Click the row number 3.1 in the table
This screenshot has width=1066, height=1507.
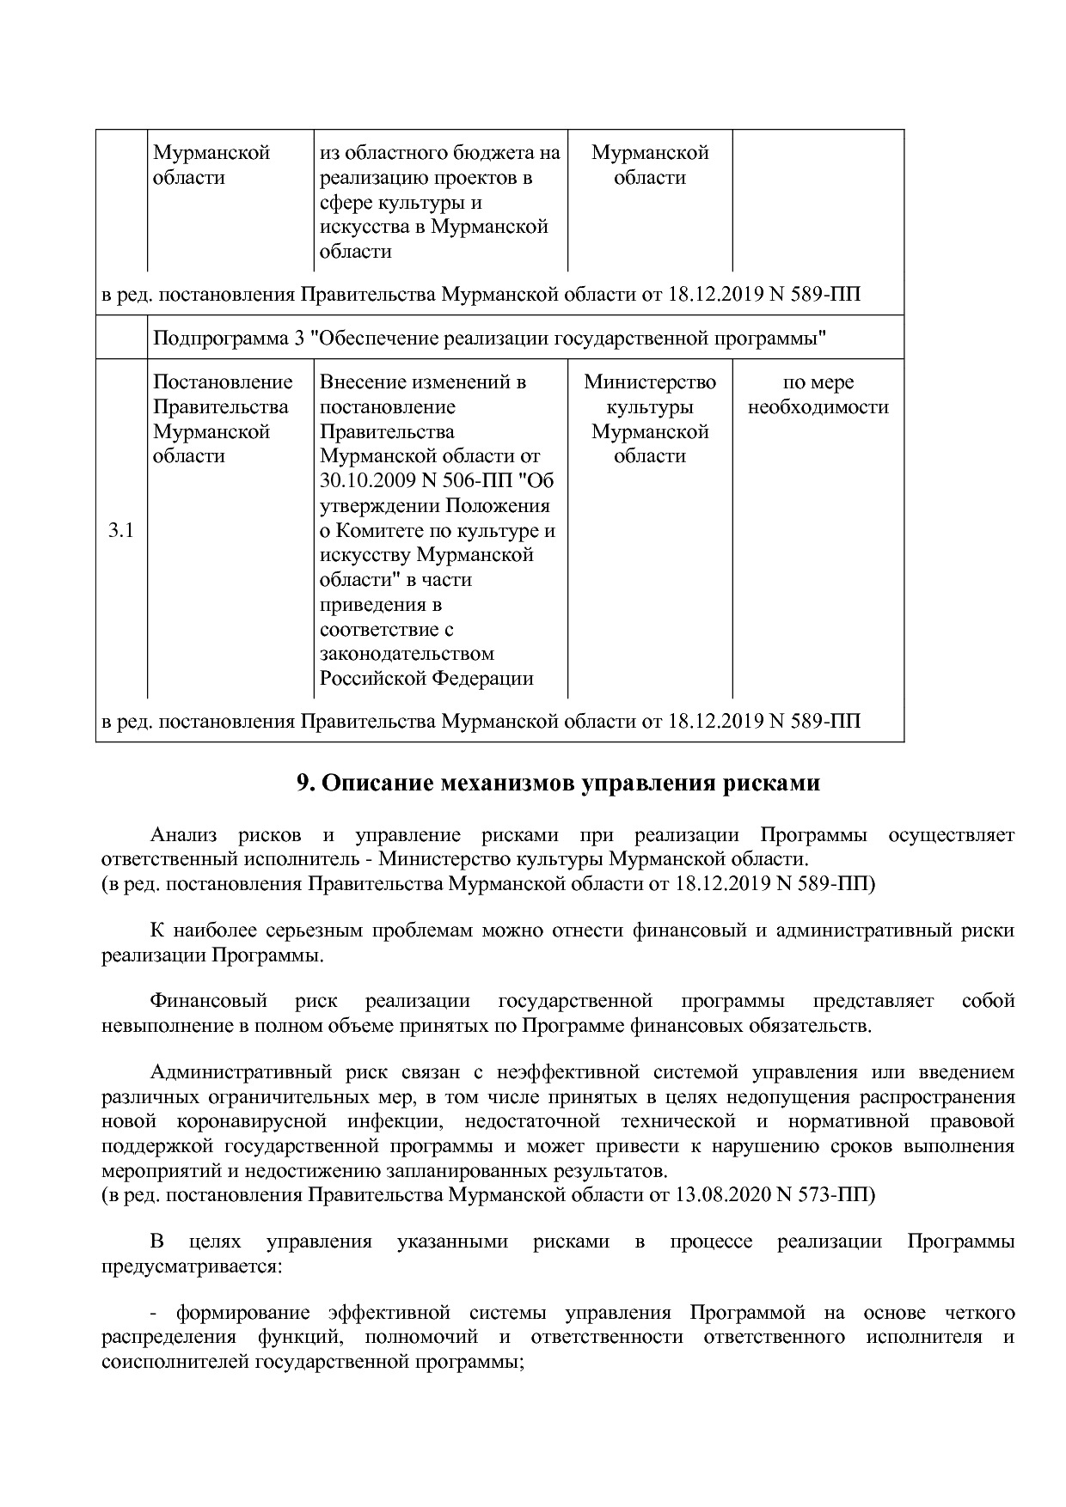click(120, 530)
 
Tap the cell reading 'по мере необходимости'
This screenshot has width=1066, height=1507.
click(818, 394)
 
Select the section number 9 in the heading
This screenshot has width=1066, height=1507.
click(303, 784)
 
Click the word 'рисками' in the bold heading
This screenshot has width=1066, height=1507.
click(775, 784)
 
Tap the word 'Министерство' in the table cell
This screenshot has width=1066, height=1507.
click(649, 382)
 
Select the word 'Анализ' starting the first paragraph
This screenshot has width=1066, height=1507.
click(183, 835)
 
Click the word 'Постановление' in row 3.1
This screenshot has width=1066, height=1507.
click(223, 382)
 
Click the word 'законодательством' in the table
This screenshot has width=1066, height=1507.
click(407, 654)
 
